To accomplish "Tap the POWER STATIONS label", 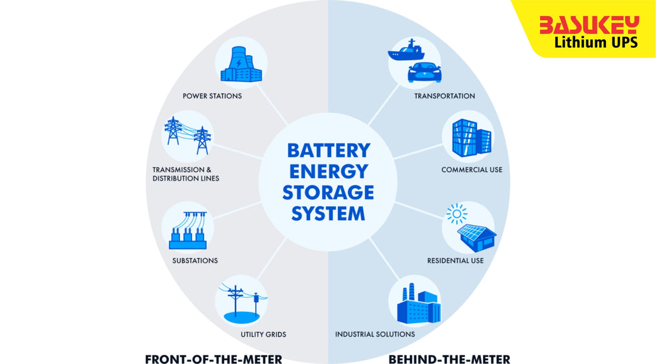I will click(x=212, y=96).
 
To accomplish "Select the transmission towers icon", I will click(x=188, y=136).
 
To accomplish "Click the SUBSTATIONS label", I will click(x=194, y=260).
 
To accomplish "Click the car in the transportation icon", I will click(x=424, y=73).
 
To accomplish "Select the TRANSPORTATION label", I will click(x=444, y=96).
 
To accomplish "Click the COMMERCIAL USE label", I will click(x=472, y=170).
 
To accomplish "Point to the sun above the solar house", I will click(x=457, y=213).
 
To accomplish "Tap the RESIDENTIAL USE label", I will click(x=455, y=260).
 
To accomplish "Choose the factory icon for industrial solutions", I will click(x=417, y=304).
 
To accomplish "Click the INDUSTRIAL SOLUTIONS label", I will click(x=375, y=334).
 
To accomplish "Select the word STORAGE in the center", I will click(x=328, y=192).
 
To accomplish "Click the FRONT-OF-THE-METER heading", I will click(x=213, y=359).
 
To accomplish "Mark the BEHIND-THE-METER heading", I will click(x=449, y=359).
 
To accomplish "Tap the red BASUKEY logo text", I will click(x=589, y=26).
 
